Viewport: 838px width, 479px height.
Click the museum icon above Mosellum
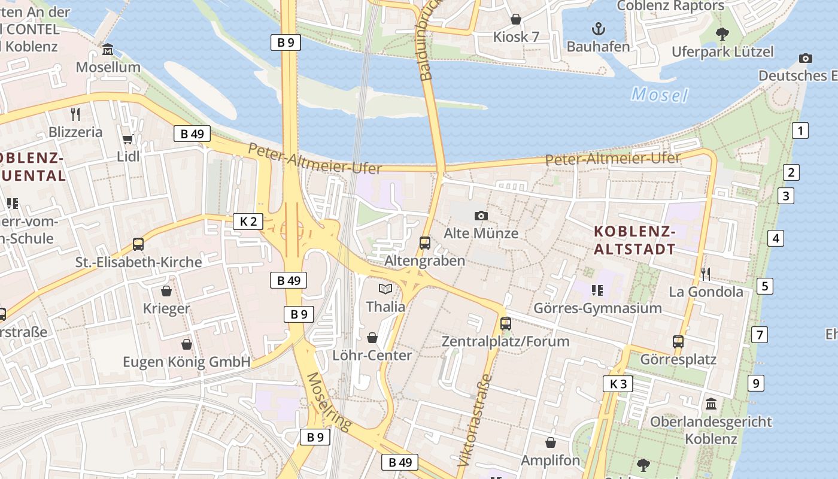(108, 50)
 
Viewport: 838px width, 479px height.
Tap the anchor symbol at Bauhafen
(598, 28)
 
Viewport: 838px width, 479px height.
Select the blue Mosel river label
(659, 95)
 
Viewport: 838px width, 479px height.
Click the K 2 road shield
(248, 222)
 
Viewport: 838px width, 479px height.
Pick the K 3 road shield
(618, 384)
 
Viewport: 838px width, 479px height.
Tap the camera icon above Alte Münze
(481, 216)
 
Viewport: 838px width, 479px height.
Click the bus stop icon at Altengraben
(425, 243)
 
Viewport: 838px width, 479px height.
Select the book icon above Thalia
(385, 289)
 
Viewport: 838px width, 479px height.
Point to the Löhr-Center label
(372, 355)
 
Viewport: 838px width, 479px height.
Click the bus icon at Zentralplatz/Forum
(506, 324)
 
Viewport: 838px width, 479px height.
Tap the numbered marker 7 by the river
(760, 335)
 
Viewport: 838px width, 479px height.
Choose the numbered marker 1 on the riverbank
(800, 131)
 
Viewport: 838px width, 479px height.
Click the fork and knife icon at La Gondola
(706, 274)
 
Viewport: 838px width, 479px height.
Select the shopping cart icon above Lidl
(127, 140)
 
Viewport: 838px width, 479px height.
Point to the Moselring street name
(329, 401)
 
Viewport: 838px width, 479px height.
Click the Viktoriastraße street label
(474, 421)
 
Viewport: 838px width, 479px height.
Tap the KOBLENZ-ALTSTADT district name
(634, 240)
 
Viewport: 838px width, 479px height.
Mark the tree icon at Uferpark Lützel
(722, 34)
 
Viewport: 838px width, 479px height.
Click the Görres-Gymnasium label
(597, 308)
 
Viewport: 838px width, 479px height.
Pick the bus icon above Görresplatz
(678, 342)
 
